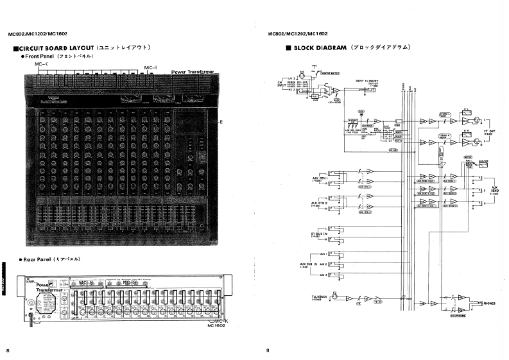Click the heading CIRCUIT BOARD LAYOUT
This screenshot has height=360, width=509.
[x=54, y=48]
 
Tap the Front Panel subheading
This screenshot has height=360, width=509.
[x=41, y=56]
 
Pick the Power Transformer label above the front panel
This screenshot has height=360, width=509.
[x=193, y=73]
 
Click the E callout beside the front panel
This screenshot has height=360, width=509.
[x=221, y=122]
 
